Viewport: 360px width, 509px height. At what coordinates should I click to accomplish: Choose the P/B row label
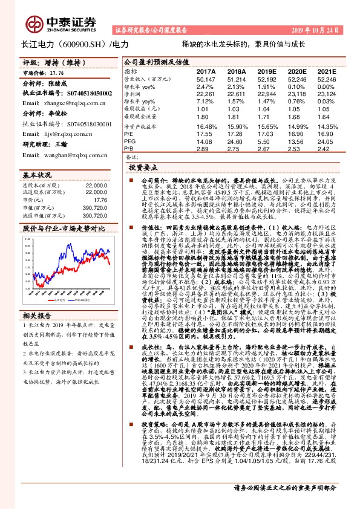click(129, 148)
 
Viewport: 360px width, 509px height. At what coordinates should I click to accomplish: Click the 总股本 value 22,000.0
click(97, 184)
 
